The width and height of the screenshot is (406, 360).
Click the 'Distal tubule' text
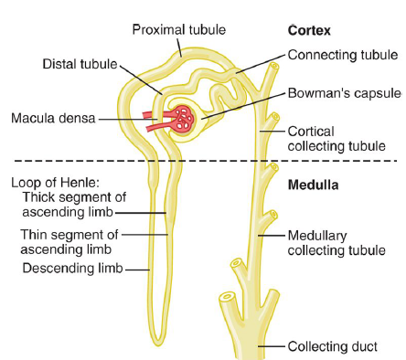[81, 64]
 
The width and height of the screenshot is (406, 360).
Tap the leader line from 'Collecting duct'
[274, 347]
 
